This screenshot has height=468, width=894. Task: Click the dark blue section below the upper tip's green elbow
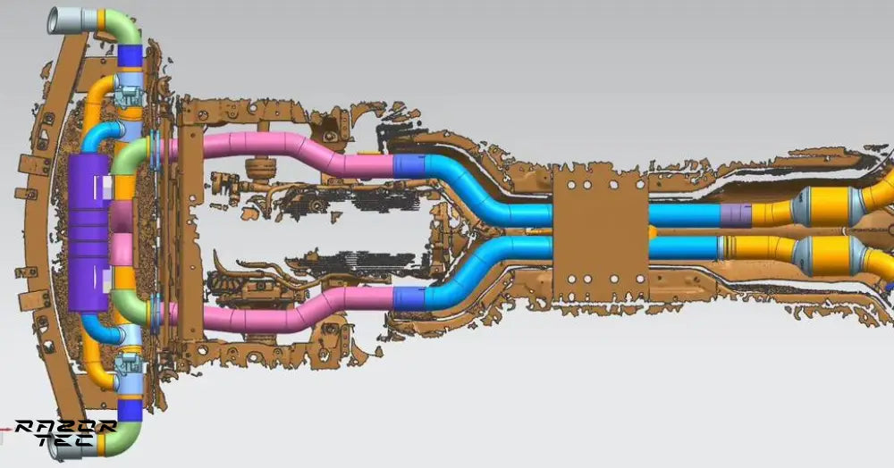[130, 56]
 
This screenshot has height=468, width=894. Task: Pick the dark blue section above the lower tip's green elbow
[130, 411]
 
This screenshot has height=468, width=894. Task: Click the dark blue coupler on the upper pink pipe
[409, 165]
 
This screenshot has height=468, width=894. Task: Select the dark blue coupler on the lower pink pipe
[409, 297]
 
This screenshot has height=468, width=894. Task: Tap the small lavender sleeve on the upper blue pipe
[735, 215]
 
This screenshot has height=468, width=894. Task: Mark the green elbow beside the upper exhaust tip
[125, 27]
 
